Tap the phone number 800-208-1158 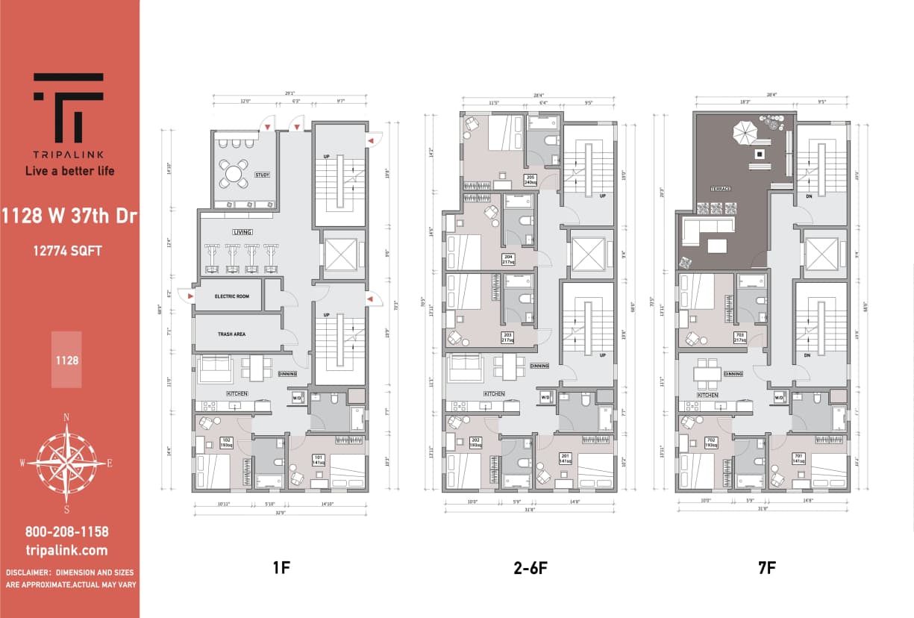[67, 532]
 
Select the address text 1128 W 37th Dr [69, 217]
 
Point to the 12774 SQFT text [67, 251]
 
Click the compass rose [66, 463]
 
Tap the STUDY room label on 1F [262, 176]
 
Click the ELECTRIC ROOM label [231, 296]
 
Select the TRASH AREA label [231, 334]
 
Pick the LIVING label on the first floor [242, 232]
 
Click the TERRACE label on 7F [719, 190]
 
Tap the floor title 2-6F [530, 568]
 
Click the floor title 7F [766, 568]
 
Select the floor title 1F [281, 568]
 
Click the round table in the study [234, 174]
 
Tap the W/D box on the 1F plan [296, 397]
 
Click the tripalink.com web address [67, 551]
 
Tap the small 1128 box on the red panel [66, 360]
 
